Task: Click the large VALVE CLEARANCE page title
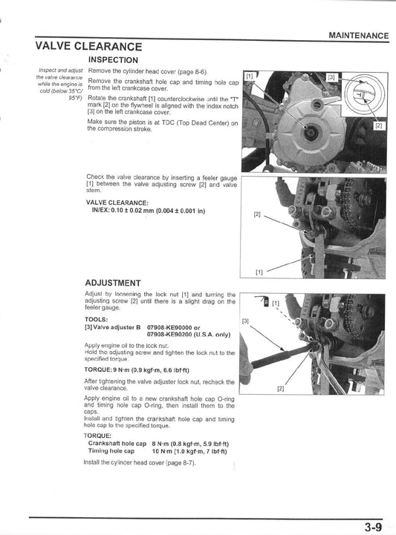click(x=88, y=47)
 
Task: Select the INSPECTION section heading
click(x=112, y=59)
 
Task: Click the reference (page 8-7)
click(x=181, y=463)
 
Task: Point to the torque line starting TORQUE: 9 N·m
click(x=137, y=370)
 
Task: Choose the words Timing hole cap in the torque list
click(x=111, y=450)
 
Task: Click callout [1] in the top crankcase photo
click(x=250, y=76)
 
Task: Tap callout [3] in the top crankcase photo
click(x=331, y=76)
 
